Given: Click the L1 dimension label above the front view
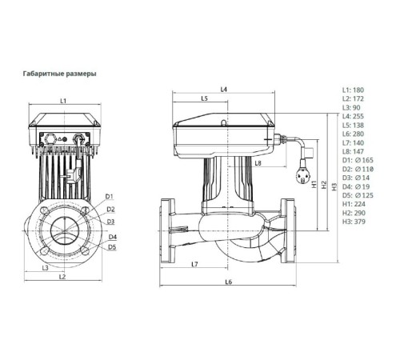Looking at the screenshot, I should [62, 100].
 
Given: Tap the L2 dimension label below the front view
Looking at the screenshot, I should [62, 276].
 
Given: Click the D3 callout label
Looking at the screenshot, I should [110, 221].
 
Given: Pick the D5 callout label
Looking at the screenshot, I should [112, 247].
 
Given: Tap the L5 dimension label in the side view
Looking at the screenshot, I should [204, 99].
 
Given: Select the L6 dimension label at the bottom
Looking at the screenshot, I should [229, 282].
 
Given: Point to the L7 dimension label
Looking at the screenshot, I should [194, 264].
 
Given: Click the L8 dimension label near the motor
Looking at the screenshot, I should [258, 163].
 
